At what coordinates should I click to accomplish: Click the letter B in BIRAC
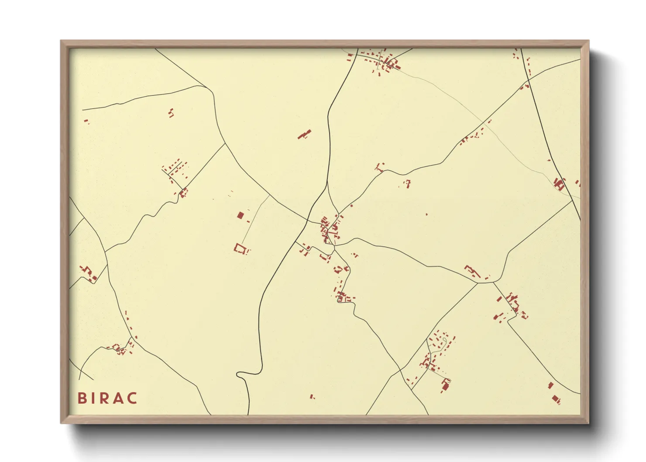tap(82, 398)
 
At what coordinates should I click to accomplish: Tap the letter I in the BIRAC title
tap(93, 398)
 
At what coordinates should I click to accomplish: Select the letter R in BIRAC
tap(104, 398)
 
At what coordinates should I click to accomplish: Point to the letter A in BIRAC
tap(118, 398)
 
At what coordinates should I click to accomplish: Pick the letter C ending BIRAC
tap(132, 398)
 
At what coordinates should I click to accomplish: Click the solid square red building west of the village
tap(240, 215)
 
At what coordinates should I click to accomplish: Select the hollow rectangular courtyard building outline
tap(240, 248)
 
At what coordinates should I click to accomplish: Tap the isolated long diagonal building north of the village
tap(305, 134)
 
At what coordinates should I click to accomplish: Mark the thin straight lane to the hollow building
tap(255, 221)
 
